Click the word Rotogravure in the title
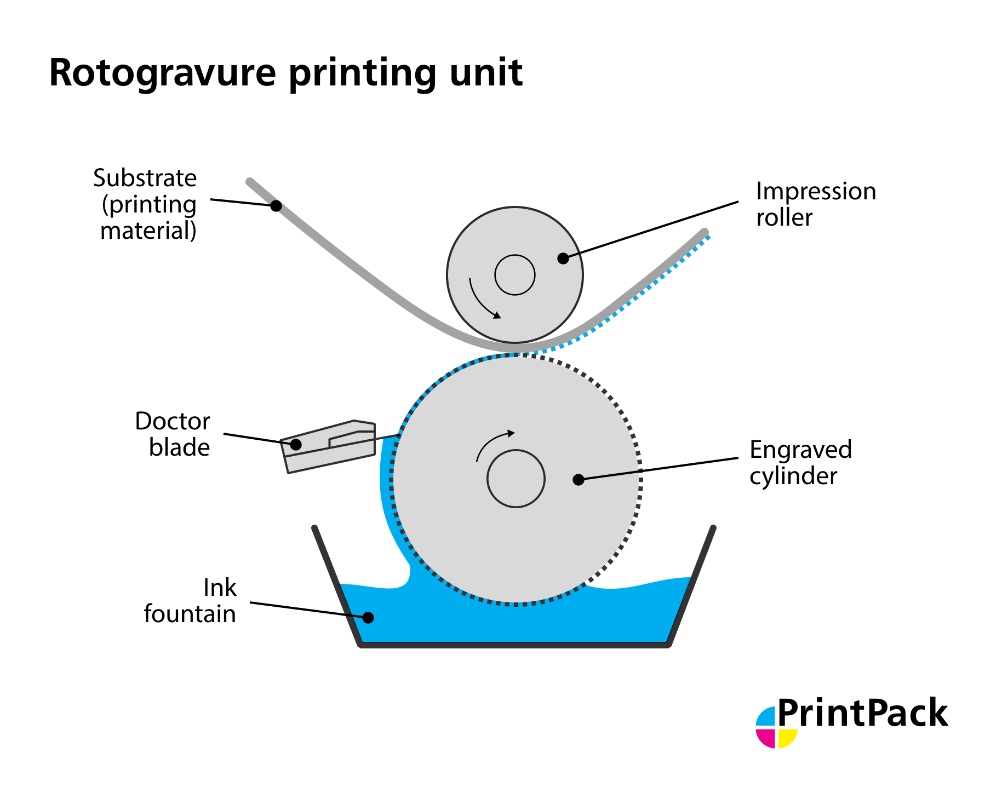(x=163, y=73)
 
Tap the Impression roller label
(x=815, y=204)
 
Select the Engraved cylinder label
(x=800, y=463)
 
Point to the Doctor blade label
(x=173, y=434)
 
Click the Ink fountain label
(x=190, y=601)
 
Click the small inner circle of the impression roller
(x=514, y=275)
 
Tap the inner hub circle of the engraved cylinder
(x=516, y=479)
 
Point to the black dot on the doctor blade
(x=295, y=444)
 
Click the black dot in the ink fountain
(x=368, y=618)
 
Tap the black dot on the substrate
(x=276, y=206)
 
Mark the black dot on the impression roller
(x=563, y=258)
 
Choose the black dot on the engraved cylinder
(x=578, y=480)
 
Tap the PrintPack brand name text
(x=862, y=714)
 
